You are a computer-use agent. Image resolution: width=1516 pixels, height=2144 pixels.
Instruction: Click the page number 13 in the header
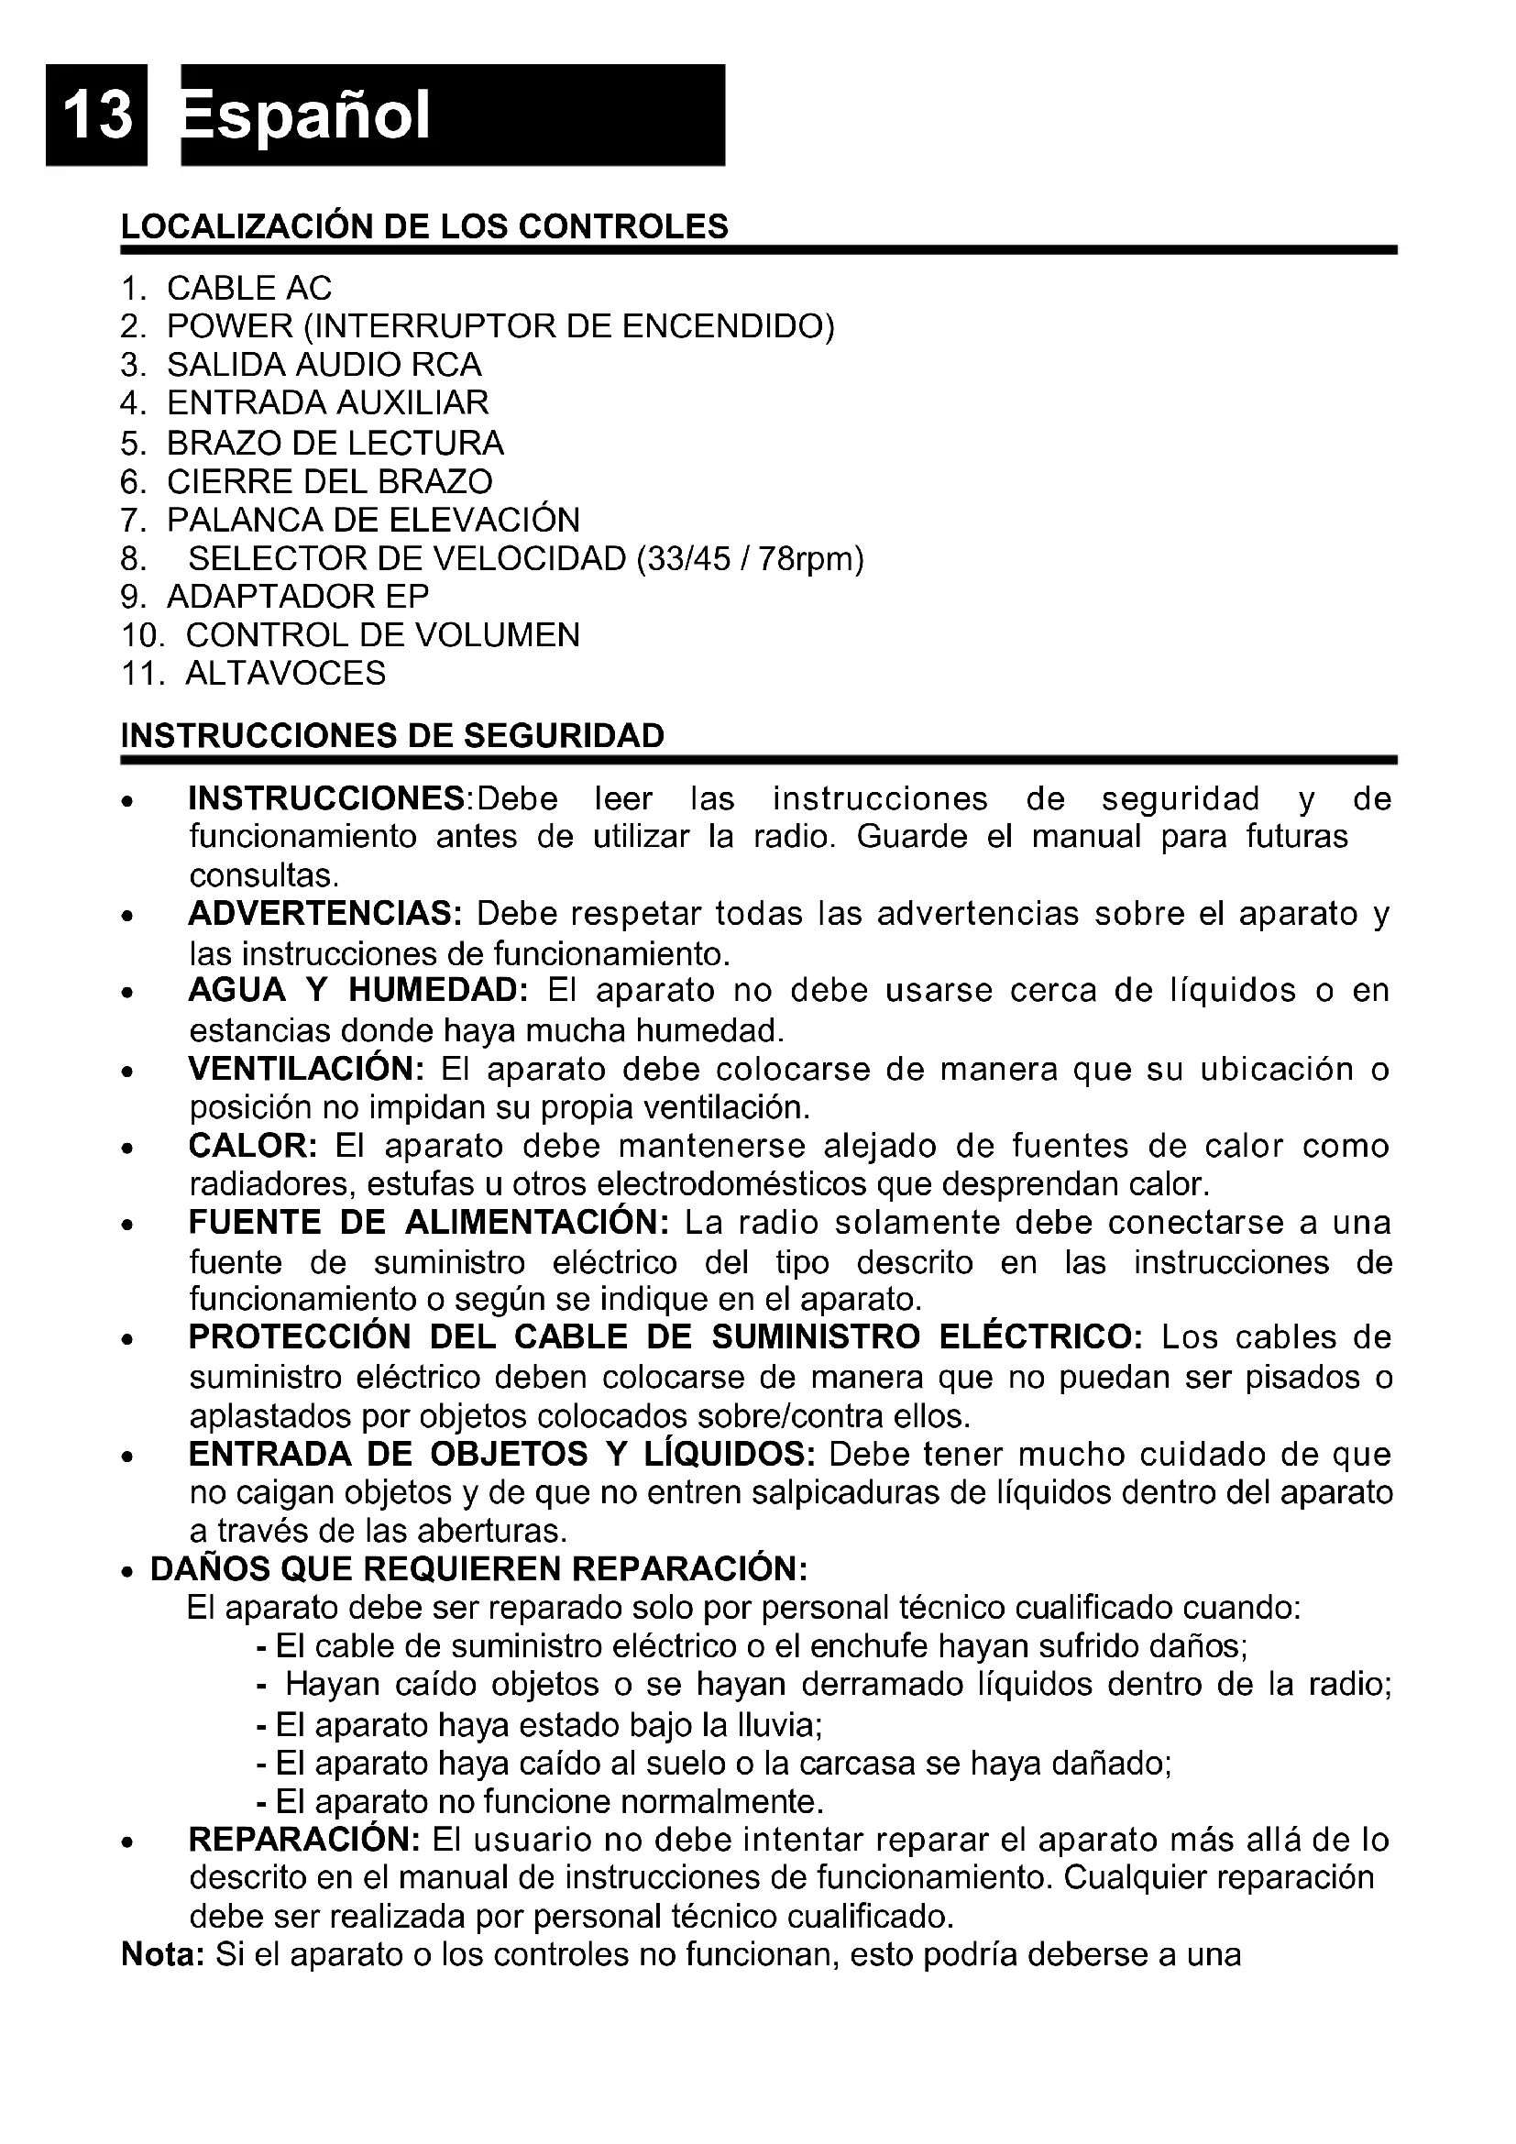(x=97, y=114)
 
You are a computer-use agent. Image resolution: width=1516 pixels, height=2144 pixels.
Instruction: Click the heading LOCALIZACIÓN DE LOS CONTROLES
(x=424, y=227)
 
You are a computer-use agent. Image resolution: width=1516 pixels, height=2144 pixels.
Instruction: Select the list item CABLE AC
(x=249, y=289)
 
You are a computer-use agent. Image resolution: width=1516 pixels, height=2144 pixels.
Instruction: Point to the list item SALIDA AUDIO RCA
(x=324, y=365)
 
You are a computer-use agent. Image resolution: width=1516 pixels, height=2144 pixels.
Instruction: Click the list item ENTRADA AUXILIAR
(x=327, y=403)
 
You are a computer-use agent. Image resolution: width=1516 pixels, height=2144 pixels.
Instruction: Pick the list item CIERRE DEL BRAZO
(x=330, y=482)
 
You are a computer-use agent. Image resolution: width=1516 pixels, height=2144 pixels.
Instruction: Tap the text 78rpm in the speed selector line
(x=810, y=558)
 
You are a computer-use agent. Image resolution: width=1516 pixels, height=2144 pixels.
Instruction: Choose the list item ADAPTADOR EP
(x=298, y=597)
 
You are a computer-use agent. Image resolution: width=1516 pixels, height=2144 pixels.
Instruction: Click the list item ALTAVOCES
(x=286, y=674)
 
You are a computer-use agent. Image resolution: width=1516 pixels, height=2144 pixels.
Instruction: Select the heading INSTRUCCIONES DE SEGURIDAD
(x=393, y=736)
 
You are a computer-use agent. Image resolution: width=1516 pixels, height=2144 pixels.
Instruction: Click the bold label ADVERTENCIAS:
(x=324, y=914)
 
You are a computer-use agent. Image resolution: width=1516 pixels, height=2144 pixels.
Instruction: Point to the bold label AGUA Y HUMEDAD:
(x=358, y=991)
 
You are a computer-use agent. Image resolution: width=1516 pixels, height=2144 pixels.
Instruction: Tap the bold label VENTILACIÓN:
(x=306, y=1069)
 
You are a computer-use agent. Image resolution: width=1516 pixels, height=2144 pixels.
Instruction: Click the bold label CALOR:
(x=253, y=1146)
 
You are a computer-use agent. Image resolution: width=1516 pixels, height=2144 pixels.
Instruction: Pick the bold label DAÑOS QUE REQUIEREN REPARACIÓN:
(x=478, y=1569)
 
